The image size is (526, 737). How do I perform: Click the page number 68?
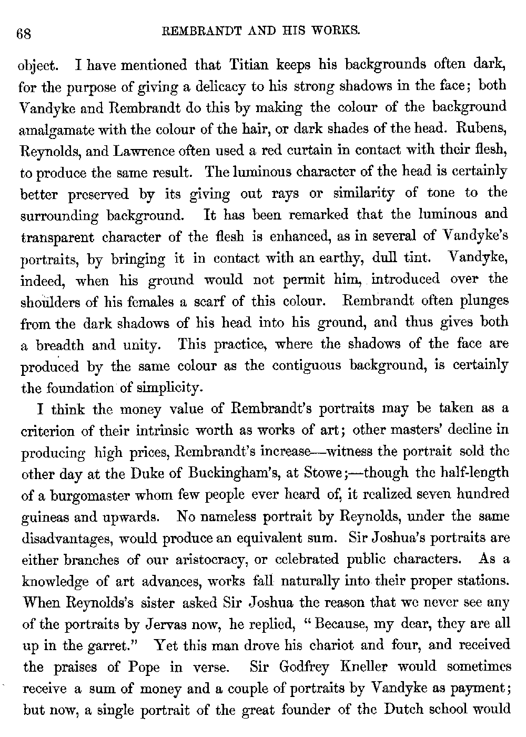(x=25, y=34)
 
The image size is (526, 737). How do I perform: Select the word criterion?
(x=52, y=431)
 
